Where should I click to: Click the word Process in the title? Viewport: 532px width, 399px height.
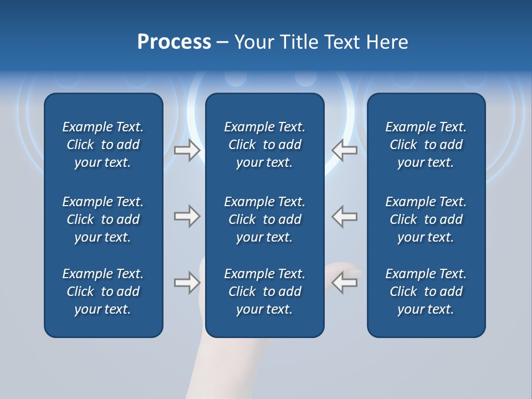(x=174, y=42)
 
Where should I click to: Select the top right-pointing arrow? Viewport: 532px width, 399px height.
(x=187, y=150)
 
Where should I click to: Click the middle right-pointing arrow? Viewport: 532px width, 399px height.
(x=187, y=216)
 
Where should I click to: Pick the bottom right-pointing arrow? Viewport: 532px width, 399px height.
(x=187, y=283)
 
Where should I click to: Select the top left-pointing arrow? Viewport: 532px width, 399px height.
(x=345, y=150)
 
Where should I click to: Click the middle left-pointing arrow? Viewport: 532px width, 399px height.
(x=345, y=216)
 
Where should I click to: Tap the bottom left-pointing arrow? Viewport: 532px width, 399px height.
(x=345, y=283)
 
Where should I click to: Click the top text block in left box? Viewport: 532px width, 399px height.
(x=103, y=145)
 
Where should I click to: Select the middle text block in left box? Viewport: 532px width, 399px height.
(x=103, y=219)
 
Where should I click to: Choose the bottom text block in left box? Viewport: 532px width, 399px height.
(x=103, y=291)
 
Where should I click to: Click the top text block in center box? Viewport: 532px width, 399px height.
(x=264, y=145)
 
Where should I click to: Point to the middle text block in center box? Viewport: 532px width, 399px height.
(x=264, y=219)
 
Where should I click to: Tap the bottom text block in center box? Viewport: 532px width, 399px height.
(x=264, y=291)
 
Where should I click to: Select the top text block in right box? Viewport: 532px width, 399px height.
(x=426, y=145)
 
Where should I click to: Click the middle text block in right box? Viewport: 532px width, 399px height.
(x=426, y=219)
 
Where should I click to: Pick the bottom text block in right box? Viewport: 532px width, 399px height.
(x=426, y=291)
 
